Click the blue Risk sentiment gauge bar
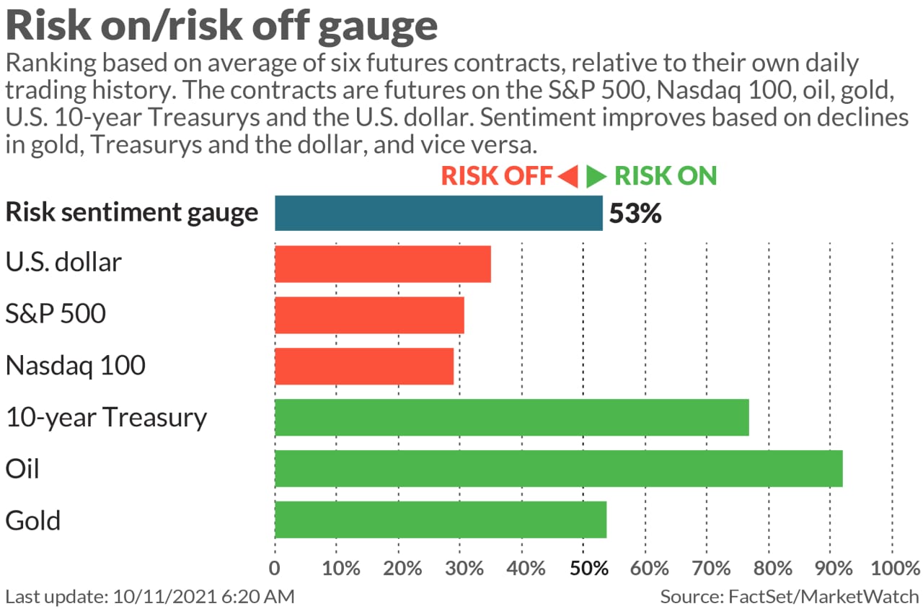coord(438,213)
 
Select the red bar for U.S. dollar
coord(383,263)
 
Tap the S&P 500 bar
coord(369,315)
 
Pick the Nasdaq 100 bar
coord(364,366)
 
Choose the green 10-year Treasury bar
coord(512,417)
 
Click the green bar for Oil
coord(559,468)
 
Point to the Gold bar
coord(441,520)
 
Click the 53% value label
coord(635,214)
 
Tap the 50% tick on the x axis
coord(583,568)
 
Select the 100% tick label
coord(892,568)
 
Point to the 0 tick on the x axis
coord(275,568)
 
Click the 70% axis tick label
coord(707,568)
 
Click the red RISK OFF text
coord(497,176)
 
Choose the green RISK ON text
coord(666,176)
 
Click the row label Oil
coord(22,469)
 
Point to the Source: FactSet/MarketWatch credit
coord(790,597)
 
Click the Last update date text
coord(150,597)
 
